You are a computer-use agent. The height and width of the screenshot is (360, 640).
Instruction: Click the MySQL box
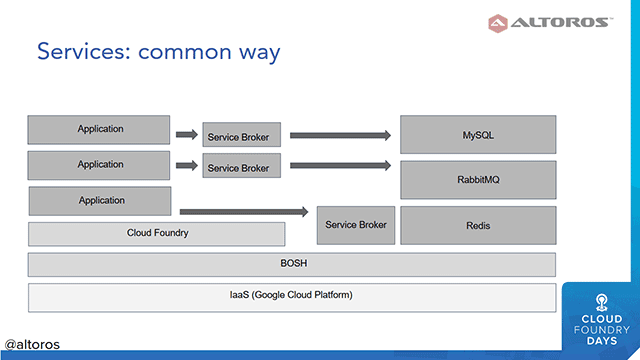pos(478,134)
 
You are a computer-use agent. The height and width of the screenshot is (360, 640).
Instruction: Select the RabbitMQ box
pos(478,179)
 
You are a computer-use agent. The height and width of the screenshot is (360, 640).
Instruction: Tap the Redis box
pos(478,225)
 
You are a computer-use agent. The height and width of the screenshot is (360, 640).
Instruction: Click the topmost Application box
pos(100,130)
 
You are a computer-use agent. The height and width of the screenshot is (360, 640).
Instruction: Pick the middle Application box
pos(100,165)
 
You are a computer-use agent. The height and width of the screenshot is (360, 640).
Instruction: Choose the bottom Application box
pos(100,201)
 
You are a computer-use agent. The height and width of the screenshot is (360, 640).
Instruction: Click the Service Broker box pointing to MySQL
pos(242,135)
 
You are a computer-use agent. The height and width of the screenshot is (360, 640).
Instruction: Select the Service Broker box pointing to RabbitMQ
pos(242,167)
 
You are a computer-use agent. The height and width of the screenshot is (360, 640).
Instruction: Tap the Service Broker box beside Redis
pos(356,225)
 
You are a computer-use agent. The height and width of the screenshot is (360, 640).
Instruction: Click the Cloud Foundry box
pos(157,233)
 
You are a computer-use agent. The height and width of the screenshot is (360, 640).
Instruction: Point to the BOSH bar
pos(291,264)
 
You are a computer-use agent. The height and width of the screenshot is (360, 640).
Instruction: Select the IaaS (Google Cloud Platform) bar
pos(291,296)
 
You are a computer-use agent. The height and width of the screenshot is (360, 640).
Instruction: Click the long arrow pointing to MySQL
pos(340,134)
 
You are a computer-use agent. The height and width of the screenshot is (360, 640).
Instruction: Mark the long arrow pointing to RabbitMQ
pos(340,165)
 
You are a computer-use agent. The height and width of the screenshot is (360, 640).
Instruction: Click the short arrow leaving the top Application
pos(186,134)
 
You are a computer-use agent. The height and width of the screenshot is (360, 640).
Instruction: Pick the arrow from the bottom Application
pos(243,211)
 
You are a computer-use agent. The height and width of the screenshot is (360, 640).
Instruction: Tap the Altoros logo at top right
pos(548,22)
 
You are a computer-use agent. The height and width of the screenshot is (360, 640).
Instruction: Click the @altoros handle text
pos(32,344)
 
